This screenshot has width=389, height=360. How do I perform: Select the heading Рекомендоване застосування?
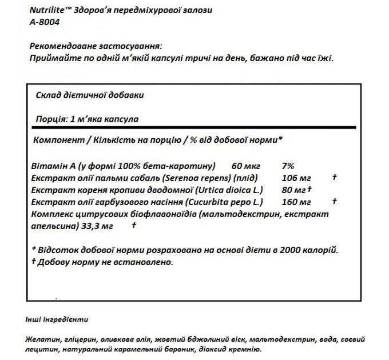coord(94,46)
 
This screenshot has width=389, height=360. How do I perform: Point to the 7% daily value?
coord(288,166)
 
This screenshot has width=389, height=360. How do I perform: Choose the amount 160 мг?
coord(296,202)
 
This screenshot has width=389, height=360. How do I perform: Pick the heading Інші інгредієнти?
coord(57,319)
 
